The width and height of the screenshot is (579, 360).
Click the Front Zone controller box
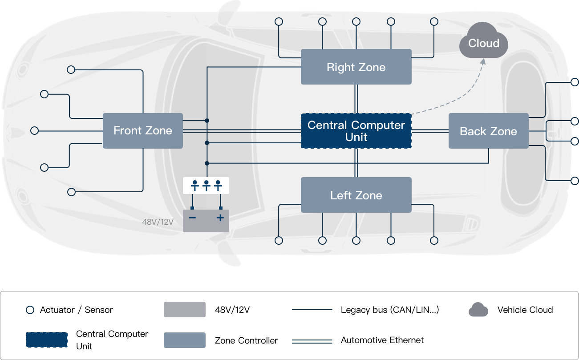142,130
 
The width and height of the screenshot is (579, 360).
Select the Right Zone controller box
356,67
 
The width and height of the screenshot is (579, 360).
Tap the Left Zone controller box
356,195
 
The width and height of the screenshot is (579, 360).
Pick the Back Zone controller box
488,131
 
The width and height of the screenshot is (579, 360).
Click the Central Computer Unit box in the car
356,131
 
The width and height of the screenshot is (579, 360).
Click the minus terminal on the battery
192,218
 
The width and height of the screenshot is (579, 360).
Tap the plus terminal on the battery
220,218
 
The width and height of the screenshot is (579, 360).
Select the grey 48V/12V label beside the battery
158,222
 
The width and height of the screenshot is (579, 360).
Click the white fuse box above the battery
206,185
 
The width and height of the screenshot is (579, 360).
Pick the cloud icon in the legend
478,310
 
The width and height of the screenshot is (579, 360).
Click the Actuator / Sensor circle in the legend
30,310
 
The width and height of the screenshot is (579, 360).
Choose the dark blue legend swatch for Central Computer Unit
47,340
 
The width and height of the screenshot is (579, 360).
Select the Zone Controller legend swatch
185,340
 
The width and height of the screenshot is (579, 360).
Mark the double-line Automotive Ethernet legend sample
312,341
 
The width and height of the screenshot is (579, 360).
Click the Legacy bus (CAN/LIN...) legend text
390,310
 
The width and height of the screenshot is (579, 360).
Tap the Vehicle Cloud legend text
525,310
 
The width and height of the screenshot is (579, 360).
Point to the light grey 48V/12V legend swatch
185,310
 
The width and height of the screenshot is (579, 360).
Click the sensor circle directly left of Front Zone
35,130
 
